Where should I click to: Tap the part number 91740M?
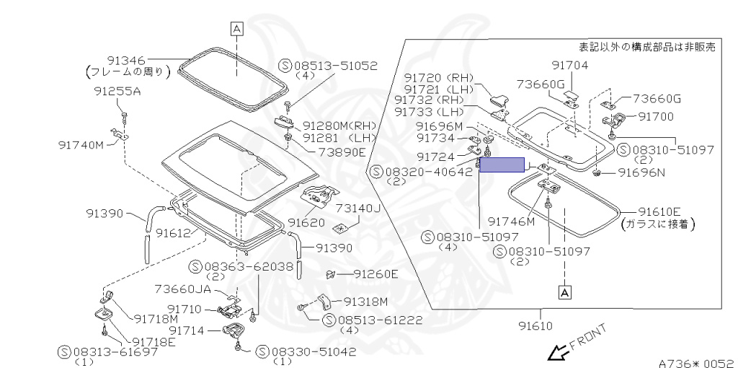[81, 144]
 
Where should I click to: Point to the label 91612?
[172, 232]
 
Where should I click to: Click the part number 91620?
[306, 223]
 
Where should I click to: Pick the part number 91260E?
[376, 274]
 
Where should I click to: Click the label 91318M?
[366, 301]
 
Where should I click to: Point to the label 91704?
[570, 65]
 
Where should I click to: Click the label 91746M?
[512, 222]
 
